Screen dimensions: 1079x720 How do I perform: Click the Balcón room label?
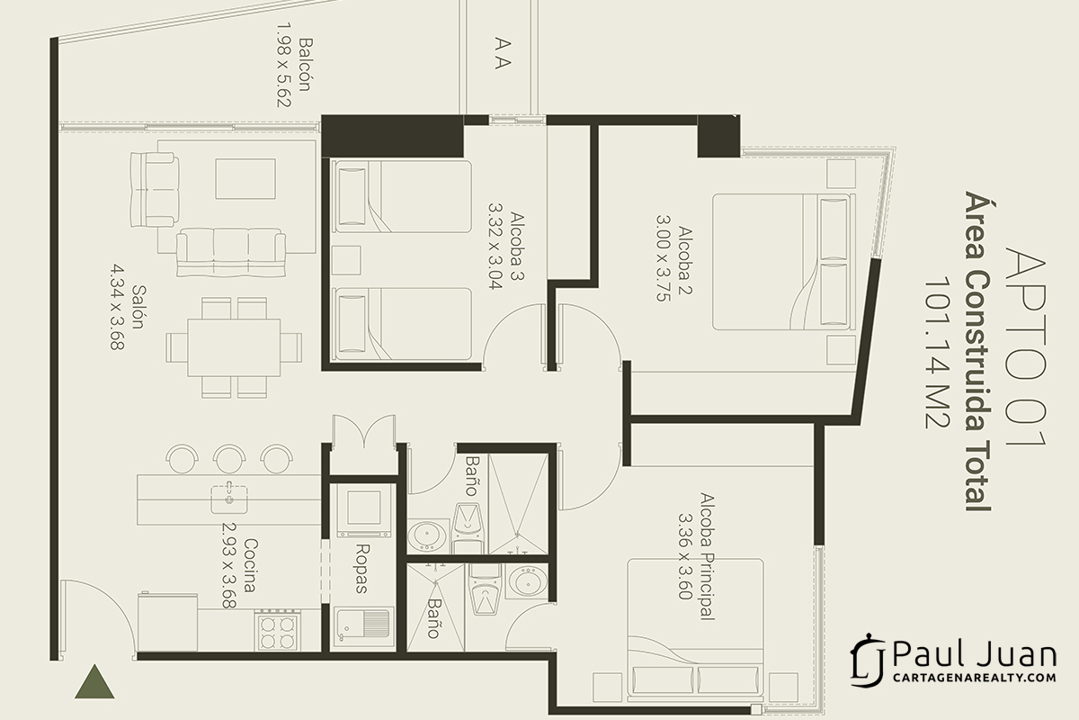(x=306, y=65)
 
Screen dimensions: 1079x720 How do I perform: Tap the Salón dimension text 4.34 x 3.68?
(x=118, y=307)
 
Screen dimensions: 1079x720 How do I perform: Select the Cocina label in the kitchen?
(x=250, y=565)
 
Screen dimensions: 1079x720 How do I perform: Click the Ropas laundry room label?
(x=361, y=569)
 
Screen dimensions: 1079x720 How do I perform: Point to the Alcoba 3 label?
(x=516, y=246)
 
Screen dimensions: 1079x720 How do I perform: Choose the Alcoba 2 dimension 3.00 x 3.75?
(x=664, y=258)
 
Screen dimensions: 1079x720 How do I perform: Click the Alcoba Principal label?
(x=706, y=556)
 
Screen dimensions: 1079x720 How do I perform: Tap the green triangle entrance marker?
(x=94, y=681)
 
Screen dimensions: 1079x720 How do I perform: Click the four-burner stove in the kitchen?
(x=277, y=630)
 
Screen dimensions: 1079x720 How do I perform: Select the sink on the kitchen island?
(x=229, y=499)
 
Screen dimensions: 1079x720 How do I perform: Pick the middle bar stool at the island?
(x=229, y=458)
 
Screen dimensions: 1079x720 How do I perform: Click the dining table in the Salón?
(x=234, y=347)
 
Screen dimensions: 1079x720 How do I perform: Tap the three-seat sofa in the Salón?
(x=231, y=252)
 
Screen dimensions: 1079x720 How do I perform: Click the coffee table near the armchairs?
(x=245, y=179)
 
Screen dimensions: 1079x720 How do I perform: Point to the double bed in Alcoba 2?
(x=784, y=262)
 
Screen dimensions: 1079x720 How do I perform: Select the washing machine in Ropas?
(x=363, y=510)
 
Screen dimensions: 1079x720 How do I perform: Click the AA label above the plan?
(x=503, y=53)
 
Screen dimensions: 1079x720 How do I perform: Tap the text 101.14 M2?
(x=937, y=352)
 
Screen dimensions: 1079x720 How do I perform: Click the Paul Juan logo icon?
(x=868, y=661)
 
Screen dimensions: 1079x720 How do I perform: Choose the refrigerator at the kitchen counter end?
(x=167, y=622)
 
